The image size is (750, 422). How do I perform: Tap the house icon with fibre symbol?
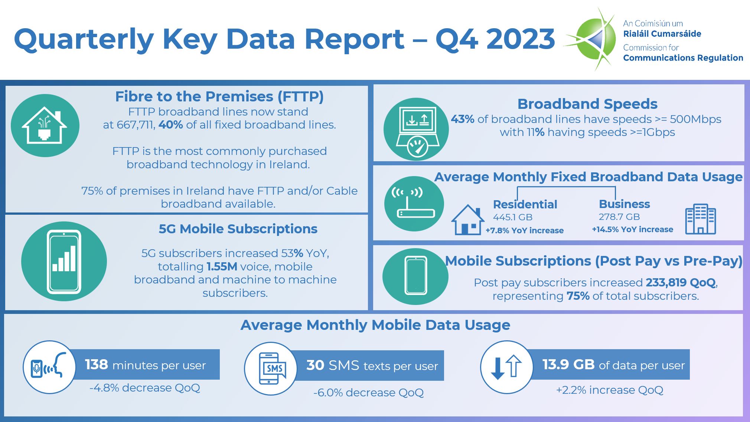[x=45, y=126]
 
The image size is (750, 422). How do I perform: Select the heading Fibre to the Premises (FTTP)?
[x=219, y=97]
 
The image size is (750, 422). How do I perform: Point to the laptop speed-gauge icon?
[x=416, y=129]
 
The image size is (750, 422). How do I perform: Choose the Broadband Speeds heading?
[x=587, y=104]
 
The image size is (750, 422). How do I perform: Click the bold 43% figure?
[x=462, y=119]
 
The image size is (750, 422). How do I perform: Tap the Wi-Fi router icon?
[x=414, y=204]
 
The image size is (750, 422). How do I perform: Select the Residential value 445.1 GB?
[x=512, y=217]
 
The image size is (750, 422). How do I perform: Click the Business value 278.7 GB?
[x=619, y=217]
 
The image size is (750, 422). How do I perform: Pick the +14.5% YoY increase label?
[x=632, y=230]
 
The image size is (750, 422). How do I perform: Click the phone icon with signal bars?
[x=64, y=262]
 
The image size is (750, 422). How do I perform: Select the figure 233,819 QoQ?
[x=680, y=283]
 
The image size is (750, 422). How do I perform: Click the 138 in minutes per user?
[x=96, y=364]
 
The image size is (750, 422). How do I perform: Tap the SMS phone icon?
[x=271, y=369]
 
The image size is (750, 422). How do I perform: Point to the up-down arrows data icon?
[x=506, y=367]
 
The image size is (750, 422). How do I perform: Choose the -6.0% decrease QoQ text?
[x=368, y=393]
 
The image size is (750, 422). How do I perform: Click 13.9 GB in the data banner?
[x=568, y=364]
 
